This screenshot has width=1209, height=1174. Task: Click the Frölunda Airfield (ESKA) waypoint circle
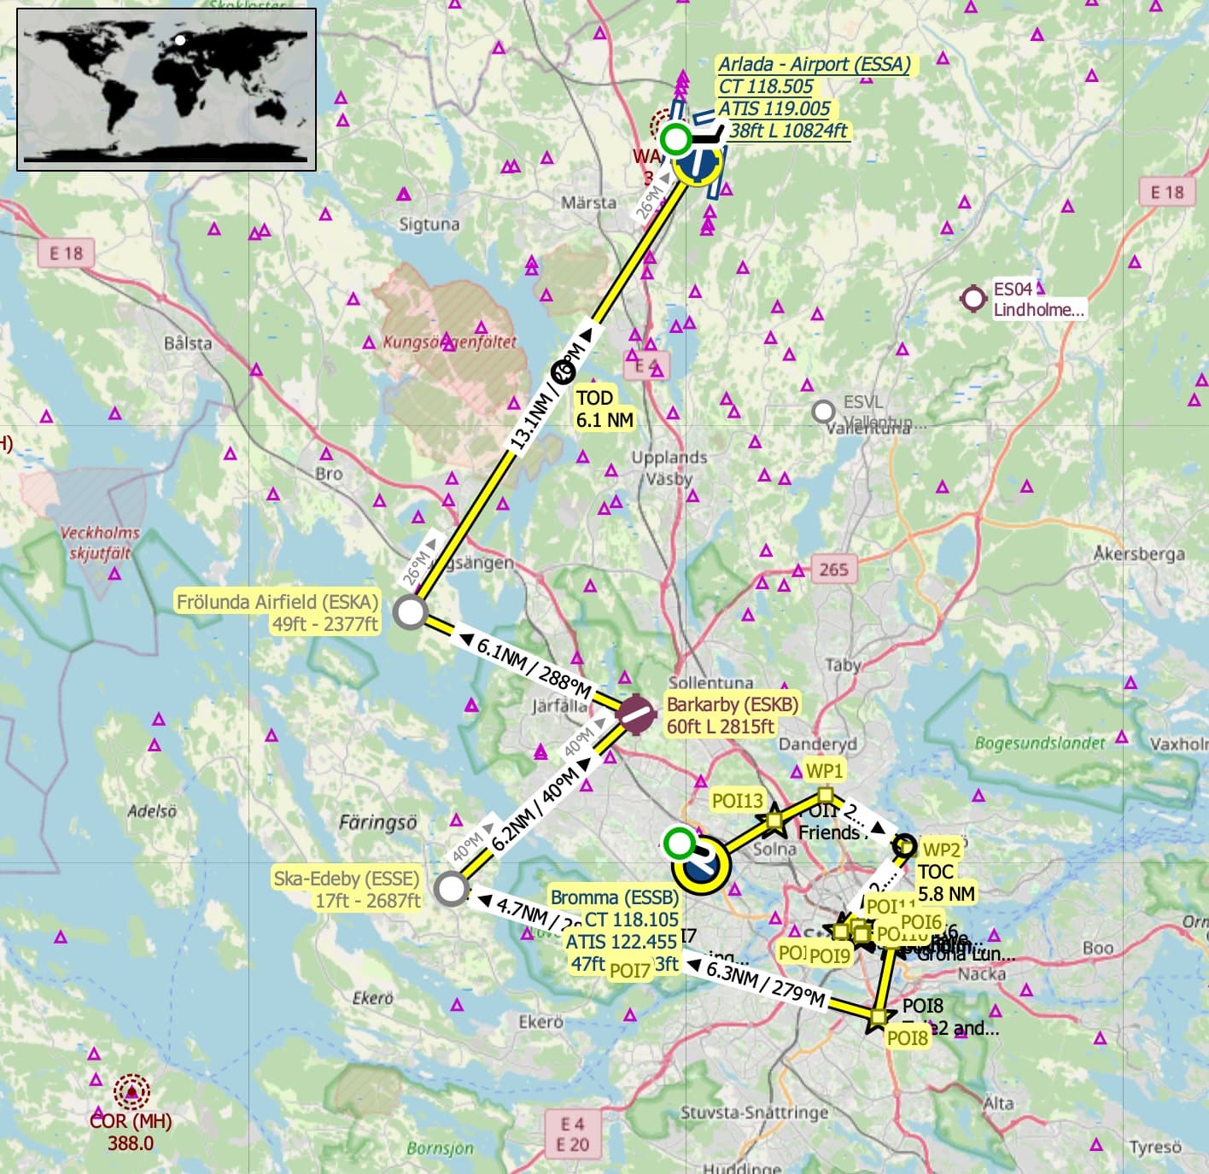[x=410, y=612]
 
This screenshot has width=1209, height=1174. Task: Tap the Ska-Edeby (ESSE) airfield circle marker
[x=451, y=888]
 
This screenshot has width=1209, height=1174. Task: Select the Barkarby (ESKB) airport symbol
[x=635, y=715]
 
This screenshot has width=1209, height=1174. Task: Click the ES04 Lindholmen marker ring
[x=973, y=299]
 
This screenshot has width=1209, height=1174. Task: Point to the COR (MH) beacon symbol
[x=131, y=1091]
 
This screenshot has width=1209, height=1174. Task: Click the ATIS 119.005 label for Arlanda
[x=774, y=108]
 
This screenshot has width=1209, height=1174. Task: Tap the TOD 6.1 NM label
[x=604, y=409]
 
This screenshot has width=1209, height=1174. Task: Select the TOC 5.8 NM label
[x=946, y=883]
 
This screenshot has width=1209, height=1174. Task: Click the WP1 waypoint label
[x=824, y=770]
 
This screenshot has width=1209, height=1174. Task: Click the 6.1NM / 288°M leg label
[x=534, y=669]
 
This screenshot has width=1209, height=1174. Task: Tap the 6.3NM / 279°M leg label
[x=765, y=983]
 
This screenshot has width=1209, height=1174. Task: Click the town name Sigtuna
[x=429, y=225]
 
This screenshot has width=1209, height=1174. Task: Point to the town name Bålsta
[x=188, y=343]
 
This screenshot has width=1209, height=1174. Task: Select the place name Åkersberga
[x=1139, y=553]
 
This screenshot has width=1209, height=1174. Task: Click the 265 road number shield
[x=832, y=569]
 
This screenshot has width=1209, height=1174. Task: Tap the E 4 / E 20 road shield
[x=572, y=1134]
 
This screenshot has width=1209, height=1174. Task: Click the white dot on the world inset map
[x=180, y=40]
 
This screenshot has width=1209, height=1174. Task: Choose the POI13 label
[x=738, y=800]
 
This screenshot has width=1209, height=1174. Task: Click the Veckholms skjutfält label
[x=100, y=542]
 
